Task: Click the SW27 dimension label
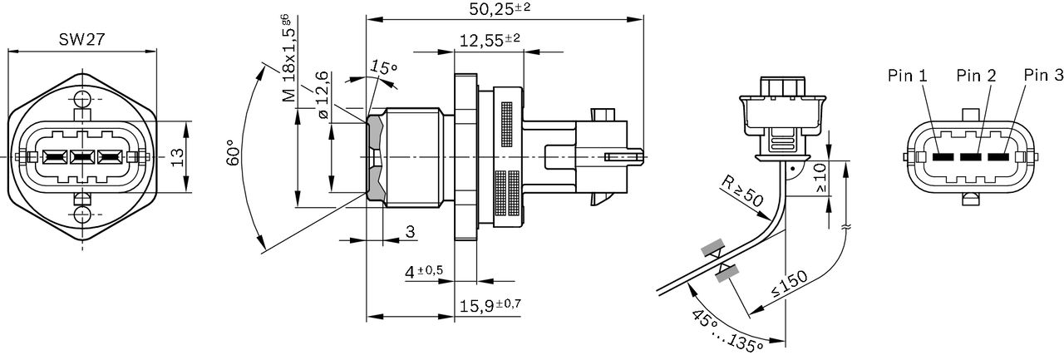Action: click(81, 40)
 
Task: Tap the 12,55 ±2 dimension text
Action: click(490, 41)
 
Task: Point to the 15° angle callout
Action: click(384, 67)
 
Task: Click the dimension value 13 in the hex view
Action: click(176, 157)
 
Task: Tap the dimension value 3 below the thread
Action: click(409, 233)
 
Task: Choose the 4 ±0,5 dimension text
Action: click(424, 272)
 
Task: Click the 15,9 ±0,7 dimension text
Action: click(490, 305)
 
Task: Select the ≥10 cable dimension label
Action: click(821, 177)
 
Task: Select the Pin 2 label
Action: click(976, 76)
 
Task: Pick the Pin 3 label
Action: click(1043, 76)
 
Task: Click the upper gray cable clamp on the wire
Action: click(712, 248)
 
